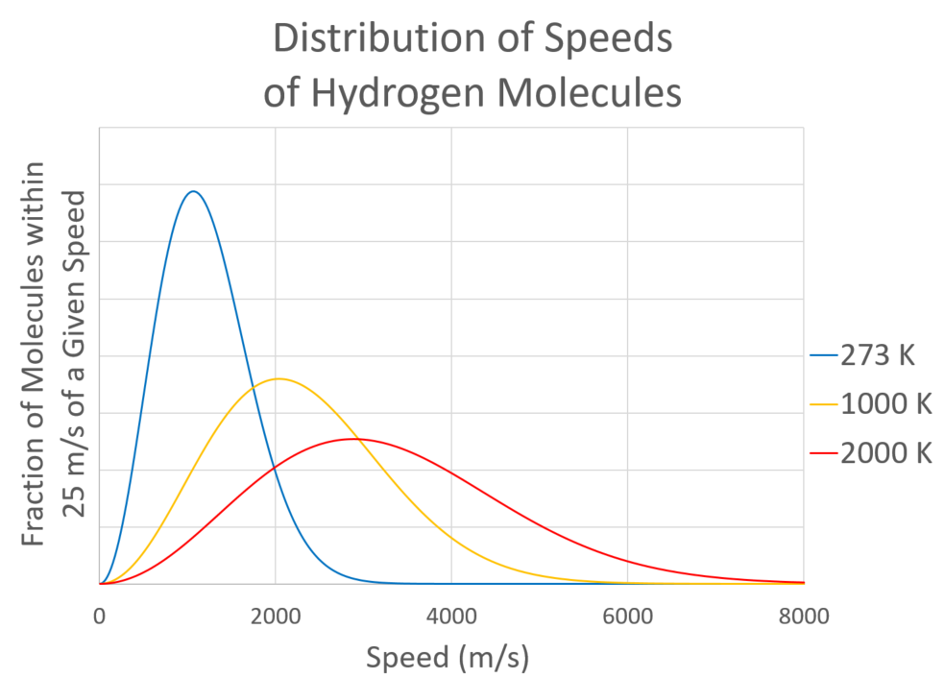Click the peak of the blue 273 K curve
(x=194, y=191)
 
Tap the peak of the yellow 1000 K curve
(x=278, y=378)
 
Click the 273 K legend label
(x=878, y=355)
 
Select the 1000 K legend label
(x=885, y=404)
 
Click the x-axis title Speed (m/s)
(x=448, y=658)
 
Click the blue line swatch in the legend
(x=823, y=355)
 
